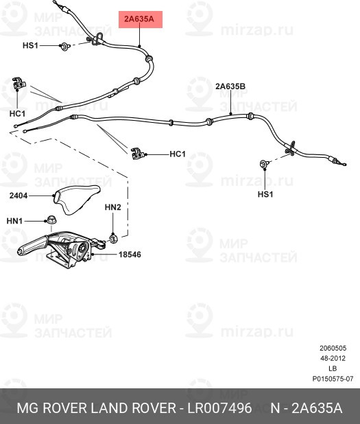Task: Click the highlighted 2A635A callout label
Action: [x=141, y=20]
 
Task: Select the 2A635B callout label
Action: [x=230, y=86]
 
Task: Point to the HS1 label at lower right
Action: [x=265, y=194]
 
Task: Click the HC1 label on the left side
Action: [x=18, y=113]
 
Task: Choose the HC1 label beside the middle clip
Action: [x=177, y=154]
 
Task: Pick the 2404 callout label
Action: [x=19, y=196]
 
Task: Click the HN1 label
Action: [x=14, y=221]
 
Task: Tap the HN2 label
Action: [x=112, y=207]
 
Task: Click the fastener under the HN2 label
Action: [x=113, y=237]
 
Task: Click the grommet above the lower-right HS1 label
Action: [x=264, y=165]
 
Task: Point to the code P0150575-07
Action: [x=333, y=379]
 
